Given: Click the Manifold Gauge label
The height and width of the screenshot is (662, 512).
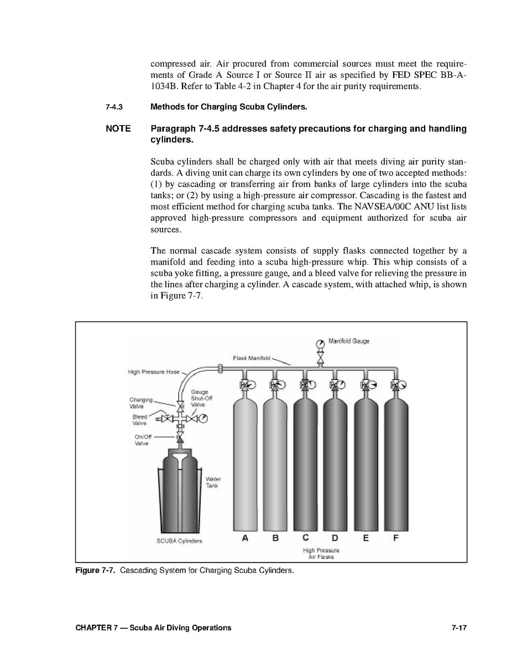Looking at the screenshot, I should [x=349, y=341].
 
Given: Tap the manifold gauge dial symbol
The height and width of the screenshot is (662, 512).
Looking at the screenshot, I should [x=320, y=343].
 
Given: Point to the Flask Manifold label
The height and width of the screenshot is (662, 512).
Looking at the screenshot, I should [x=251, y=358].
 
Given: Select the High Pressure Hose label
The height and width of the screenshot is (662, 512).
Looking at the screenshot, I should [x=154, y=372].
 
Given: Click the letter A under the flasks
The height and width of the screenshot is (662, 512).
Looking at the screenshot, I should [x=244, y=538].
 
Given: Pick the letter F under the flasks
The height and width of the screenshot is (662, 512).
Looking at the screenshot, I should [x=396, y=538].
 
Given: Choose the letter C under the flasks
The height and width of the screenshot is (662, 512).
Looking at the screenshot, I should [x=305, y=538].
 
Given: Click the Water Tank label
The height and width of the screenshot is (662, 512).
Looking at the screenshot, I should [x=213, y=482].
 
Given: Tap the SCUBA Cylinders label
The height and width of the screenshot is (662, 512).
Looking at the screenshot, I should [x=180, y=541].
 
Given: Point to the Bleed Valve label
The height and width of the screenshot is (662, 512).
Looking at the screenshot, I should [x=139, y=420].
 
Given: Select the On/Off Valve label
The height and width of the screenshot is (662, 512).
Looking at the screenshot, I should [x=143, y=440].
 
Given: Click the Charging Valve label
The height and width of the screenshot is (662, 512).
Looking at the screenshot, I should [x=138, y=403].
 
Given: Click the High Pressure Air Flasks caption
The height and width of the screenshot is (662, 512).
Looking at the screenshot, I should [x=321, y=554].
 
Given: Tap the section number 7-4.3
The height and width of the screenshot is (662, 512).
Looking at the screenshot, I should [x=114, y=107].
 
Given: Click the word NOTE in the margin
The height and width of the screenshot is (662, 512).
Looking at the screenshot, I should [x=118, y=129].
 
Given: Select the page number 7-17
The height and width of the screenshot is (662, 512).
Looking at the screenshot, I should [x=458, y=628].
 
